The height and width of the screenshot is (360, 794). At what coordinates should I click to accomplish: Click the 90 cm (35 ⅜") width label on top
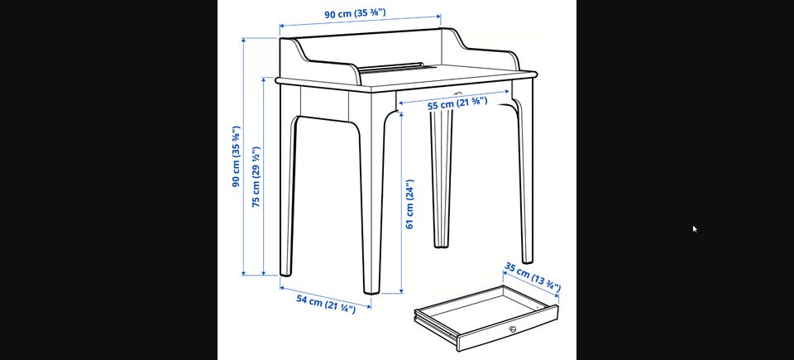[355, 13]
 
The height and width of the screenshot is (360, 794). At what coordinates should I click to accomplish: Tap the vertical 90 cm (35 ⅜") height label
[237, 156]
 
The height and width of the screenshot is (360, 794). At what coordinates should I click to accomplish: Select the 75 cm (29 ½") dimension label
[256, 177]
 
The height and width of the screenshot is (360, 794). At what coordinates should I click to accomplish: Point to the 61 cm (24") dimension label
[409, 204]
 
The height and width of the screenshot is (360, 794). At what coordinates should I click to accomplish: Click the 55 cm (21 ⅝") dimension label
[457, 103]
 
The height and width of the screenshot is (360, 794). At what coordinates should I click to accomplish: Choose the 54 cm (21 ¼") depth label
[326, 304]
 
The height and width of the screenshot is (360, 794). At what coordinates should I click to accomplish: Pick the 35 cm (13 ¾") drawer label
[532, 278]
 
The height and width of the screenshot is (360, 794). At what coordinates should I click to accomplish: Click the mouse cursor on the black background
[695, 229]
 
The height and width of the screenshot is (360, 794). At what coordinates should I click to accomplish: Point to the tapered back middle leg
[442, 177]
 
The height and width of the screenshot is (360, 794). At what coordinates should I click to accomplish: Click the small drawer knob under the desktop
[458, 94]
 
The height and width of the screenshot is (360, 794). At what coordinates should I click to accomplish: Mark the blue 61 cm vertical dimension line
[401, 204]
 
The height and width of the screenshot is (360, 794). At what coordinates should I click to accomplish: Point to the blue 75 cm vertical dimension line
[264, 176]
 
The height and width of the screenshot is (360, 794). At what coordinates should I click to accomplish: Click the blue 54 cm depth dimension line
[325, 296]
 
